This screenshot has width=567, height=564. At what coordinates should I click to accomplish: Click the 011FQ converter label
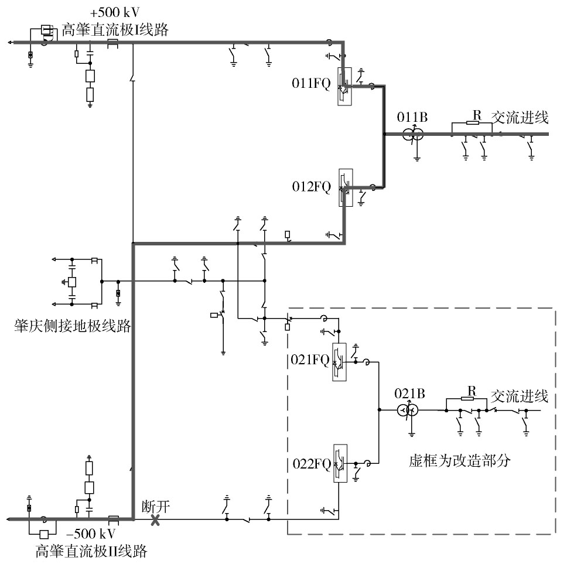point(311,84)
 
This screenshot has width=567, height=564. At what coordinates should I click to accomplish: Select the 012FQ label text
point(312,187)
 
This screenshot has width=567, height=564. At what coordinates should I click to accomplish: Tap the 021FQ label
point(310,360)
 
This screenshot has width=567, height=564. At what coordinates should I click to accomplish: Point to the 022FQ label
point(312,464)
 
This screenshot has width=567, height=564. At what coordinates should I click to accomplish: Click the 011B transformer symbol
point(413,135)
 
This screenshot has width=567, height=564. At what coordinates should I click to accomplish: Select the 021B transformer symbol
point(408,411)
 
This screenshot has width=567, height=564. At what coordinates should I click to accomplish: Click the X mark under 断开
point(155,520)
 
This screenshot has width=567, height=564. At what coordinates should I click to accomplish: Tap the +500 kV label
point(115,13)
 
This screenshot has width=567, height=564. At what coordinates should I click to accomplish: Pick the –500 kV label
point(91,534)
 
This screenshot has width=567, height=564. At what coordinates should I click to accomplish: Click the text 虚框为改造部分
point(460,461)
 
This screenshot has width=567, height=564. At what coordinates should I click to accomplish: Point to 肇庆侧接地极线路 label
point(72,326)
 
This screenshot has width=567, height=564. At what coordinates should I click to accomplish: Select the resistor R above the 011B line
point(472,123)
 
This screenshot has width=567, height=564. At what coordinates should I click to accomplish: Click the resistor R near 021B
point(467,398)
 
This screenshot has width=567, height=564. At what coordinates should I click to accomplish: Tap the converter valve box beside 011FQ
point(344,87)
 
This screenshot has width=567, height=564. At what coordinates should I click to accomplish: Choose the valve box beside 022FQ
point(340,463)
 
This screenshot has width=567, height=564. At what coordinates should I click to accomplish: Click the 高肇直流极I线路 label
point(115,30)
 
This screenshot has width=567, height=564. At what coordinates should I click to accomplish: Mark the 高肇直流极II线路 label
point(91,551)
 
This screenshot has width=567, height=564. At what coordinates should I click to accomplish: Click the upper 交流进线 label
point(520,118)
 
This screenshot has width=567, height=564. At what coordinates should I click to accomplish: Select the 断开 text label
point(155,507)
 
